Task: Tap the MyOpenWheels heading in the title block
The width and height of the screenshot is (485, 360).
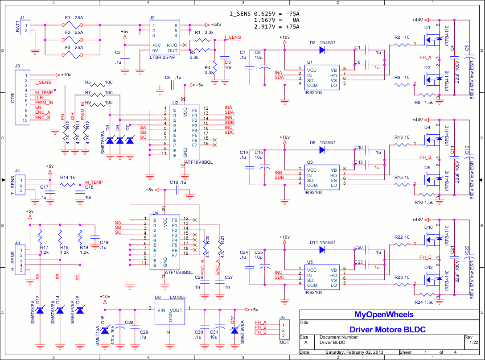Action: tap(384, 314)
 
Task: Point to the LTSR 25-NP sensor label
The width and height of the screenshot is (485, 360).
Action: tap(164, 58)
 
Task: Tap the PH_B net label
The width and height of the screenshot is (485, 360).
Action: tap(425, 157)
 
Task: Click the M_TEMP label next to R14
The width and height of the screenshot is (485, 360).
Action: tap(94, 182)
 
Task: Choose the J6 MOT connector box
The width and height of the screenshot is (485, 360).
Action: tap(284, 330)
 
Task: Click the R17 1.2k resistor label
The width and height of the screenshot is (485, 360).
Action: tap(44, 250)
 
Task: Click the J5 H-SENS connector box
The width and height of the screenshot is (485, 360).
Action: tap(20, 260)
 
